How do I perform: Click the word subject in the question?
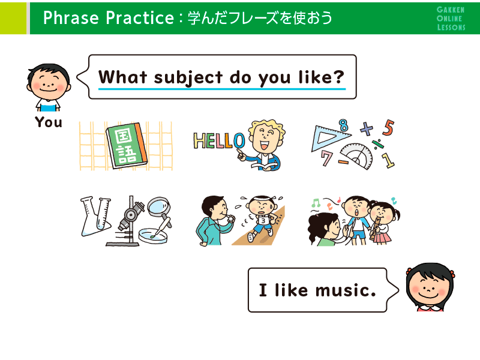(188, 77)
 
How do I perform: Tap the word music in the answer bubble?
(346, 290)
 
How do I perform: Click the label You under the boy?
(49, 122)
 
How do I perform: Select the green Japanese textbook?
(126, 145)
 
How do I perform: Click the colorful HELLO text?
(219, 141)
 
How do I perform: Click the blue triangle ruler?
(329, 138)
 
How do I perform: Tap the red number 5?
(388, 127)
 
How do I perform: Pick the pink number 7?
(326, 158)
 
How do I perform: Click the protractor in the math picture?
(357, 157)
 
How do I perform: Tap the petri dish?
(153, 236)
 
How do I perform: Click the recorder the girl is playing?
(374, 228)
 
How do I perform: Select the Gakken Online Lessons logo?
(451, 19)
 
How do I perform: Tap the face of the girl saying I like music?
(429, 287)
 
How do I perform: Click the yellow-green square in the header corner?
(13, 18)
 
